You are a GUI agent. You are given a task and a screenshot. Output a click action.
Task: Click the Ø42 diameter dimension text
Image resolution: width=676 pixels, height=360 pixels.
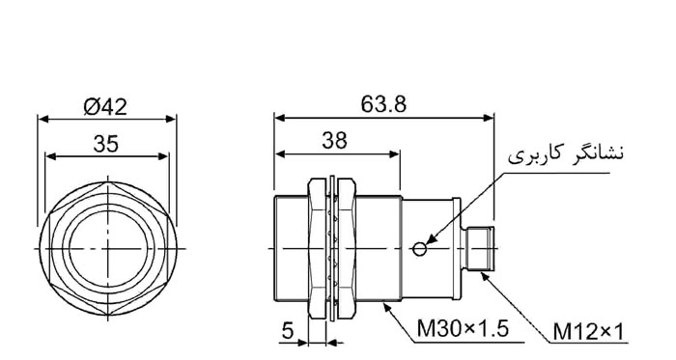[x=105, y=106]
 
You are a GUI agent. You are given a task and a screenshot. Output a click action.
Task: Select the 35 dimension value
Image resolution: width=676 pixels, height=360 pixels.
[x=105, y=144]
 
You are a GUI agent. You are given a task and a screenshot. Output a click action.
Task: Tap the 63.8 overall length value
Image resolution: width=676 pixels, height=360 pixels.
[x=383, y=104]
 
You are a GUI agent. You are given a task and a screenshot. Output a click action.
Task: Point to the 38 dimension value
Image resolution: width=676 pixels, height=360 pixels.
[x=334, y=140]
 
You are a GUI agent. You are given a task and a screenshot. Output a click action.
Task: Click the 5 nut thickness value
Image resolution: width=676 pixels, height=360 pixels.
[x=288, y=330]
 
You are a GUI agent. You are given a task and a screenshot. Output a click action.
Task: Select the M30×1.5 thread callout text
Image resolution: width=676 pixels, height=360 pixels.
[x=463, y=329]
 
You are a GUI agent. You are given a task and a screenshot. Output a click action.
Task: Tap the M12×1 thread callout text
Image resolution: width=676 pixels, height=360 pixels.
[x=588, y=332]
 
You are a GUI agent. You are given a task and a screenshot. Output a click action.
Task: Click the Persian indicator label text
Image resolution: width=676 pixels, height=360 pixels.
[x=566, y=154]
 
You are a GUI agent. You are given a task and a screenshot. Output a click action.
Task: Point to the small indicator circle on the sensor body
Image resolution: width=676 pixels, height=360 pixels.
[x=419, y=249]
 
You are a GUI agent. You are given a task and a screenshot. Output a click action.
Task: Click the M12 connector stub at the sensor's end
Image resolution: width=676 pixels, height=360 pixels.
[x=479, y=249]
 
